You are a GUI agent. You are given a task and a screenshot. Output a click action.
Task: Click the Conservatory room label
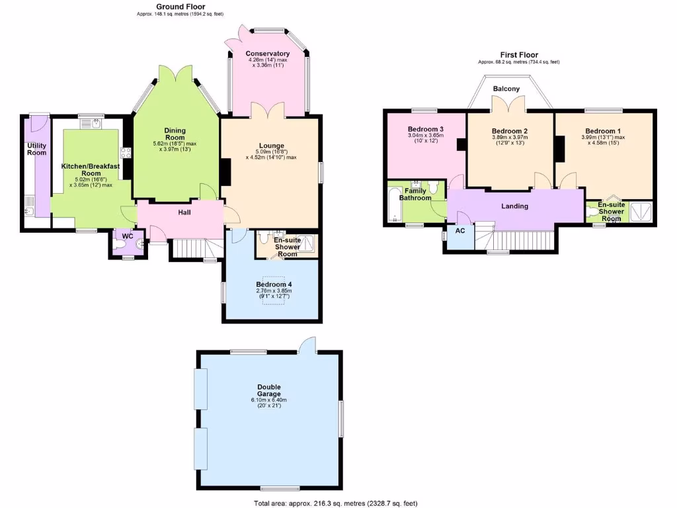[267, 54]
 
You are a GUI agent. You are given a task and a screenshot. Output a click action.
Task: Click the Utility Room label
[36, 149]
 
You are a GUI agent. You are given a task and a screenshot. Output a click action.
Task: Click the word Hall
[184, 212]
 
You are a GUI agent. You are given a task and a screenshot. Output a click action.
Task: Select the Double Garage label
[269, 390]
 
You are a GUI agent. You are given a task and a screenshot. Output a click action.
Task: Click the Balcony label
[506, 89]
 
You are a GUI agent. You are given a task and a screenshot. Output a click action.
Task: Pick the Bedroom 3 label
[425, 129]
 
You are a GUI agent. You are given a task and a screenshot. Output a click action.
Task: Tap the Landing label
[514, 206]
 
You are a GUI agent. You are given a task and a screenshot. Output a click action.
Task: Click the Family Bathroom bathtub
[394, 205]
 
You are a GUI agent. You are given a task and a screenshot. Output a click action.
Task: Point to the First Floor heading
[518, 55]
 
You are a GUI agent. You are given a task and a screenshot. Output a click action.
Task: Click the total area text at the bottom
[335, 503]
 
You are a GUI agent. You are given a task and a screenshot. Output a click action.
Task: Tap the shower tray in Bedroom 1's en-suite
[640, 212]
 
